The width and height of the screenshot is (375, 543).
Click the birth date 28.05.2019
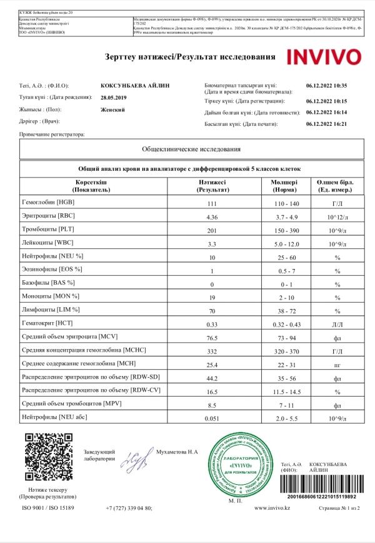(113, 98)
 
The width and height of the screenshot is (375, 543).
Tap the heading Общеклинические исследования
(191, 150)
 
